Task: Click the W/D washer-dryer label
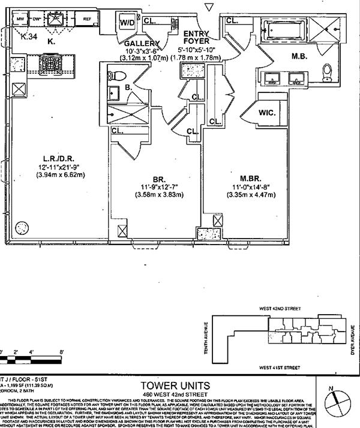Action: click(128, 23)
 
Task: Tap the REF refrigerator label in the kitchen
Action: click(86, 19)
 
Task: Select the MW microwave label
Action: click(20, 19)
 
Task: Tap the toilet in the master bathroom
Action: click(327, 72)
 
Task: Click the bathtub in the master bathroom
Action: click(284, 29)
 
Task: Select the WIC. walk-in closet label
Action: click(266, 112)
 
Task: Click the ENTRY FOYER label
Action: click(196, 37)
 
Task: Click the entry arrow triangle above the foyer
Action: click(208, 7)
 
